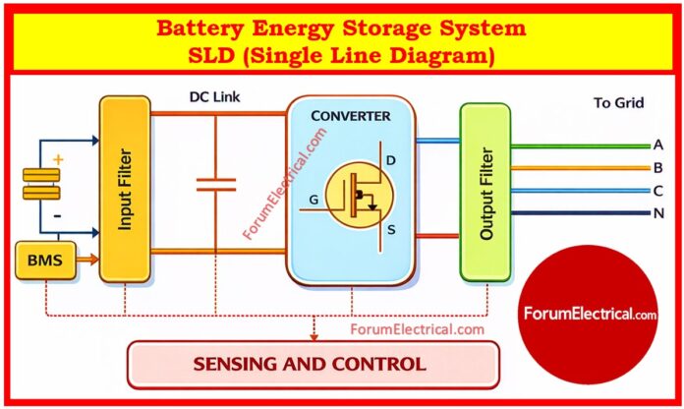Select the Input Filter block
[125, 189]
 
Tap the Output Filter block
[485, 192]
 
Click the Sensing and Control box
[313, 365]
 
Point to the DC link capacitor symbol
[216, 184]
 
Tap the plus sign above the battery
[56, 158]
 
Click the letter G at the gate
[313, 201]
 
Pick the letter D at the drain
[390, 160]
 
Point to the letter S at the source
[390, 229]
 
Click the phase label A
[657, 145]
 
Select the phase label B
[657, 167]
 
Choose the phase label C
[657, 190]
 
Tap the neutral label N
[657, 212]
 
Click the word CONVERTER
[351, 116]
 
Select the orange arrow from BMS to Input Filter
[85, 261]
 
